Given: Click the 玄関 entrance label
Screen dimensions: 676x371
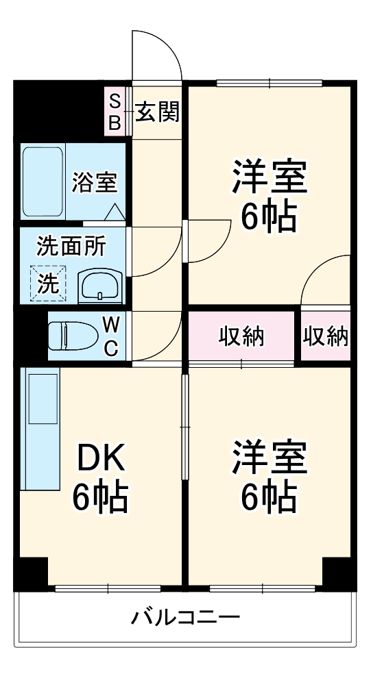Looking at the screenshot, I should point(157,112).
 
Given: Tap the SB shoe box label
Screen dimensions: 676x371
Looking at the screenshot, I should point(115,112).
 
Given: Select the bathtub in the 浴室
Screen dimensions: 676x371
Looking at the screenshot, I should point(44,181).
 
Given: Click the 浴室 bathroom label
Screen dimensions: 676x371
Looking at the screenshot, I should point(95,182).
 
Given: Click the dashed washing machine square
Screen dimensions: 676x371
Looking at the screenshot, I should point(48,283).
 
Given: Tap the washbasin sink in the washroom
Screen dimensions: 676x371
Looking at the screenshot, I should point(100,286).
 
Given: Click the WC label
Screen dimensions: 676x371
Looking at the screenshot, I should point(111,336).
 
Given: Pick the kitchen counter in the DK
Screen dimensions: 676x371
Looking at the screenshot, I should point(40,429).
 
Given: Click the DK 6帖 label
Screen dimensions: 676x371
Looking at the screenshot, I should point(101,478).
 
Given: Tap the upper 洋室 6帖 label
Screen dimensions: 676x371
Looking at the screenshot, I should point(267,196).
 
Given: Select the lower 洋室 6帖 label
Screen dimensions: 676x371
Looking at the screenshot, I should point(267,477).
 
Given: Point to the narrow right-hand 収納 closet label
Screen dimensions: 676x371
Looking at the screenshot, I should point(326,336).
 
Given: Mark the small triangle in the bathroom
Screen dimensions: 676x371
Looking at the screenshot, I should point(115,212).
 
